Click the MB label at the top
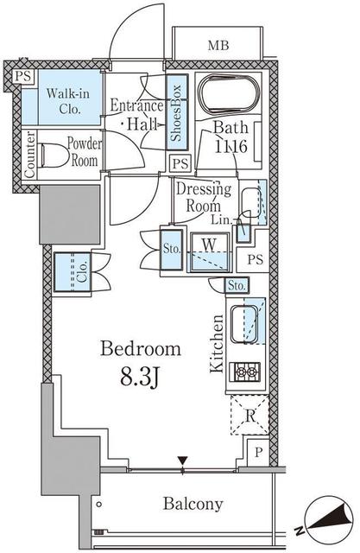click(x=218, y=46)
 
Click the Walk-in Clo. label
click(x=67, y=101)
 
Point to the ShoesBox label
click(x=176, y=112)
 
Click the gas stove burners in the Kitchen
click(x=245, y=372)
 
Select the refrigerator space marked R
click(x=249, y=415)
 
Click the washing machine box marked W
click(x=210, y=251)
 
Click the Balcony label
click(x=193, y=504)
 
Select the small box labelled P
click(x=258, y=453)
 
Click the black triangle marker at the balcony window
click(x=182, y=461)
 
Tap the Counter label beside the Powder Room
click(x=30, y=155)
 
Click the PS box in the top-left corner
click(x=23, y=77)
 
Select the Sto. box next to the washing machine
click(x=172, y=250)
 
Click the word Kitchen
click(x=217, y=344)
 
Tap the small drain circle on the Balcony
click(x=99, y=505)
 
